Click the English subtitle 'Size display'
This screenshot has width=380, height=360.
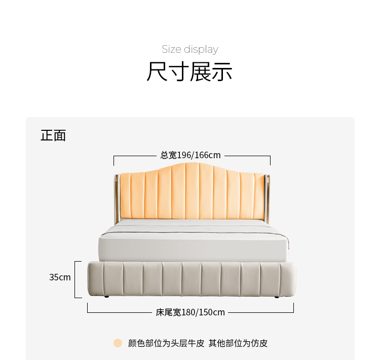[x=190, y=49]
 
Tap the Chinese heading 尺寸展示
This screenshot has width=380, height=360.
[x=190, y=71]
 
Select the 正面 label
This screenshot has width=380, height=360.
[x=53, y=135]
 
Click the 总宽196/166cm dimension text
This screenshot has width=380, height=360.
[x=191, y=155]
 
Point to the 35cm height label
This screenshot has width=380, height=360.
[x=60, y=277]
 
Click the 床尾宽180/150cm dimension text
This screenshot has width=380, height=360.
[x=190, y=312]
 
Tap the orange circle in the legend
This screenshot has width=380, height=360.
[x=118, y=343]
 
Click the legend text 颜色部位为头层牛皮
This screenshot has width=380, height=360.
[x=166, y=343]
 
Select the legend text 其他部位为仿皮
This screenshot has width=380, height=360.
[x=238, y=343]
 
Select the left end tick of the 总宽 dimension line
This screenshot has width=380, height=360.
[x=114, y=160]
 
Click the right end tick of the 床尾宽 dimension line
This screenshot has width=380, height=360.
[x=293, y=308]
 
